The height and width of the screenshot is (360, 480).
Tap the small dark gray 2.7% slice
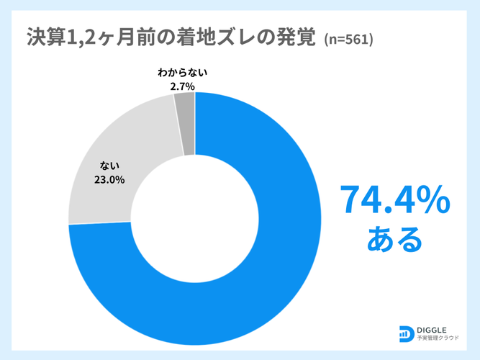click(x=185, y=122)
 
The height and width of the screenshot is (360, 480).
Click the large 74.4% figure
click(x=394, y=200)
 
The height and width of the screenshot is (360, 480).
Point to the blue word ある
click(x=394, y=240)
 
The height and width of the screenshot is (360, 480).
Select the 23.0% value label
click(x=109, y=180)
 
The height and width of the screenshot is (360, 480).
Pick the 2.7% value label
click(x=183, y=86)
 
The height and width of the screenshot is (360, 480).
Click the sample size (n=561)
click(x=348, y=39)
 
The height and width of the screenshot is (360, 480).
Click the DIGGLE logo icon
click(x=406, y=333)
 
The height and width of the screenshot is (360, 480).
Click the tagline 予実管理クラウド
click(x=440, y=338)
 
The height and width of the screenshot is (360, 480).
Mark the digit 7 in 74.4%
click(x=350, y=200)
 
